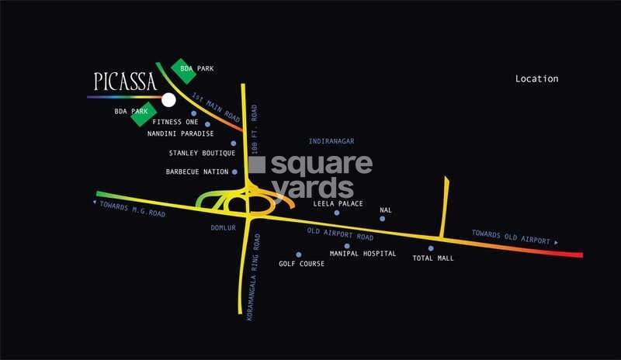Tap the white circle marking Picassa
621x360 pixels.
168,99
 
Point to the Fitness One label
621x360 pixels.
175,122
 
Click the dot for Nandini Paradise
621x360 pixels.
207,124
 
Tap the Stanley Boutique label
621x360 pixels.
196,153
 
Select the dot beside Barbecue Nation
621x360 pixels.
234,171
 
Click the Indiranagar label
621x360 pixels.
331,141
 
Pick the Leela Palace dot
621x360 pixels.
337,213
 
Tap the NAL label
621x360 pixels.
385,209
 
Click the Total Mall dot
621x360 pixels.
431,248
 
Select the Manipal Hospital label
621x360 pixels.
363,254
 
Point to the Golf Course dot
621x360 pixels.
298,254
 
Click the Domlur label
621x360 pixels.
223,228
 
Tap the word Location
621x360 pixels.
536,78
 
